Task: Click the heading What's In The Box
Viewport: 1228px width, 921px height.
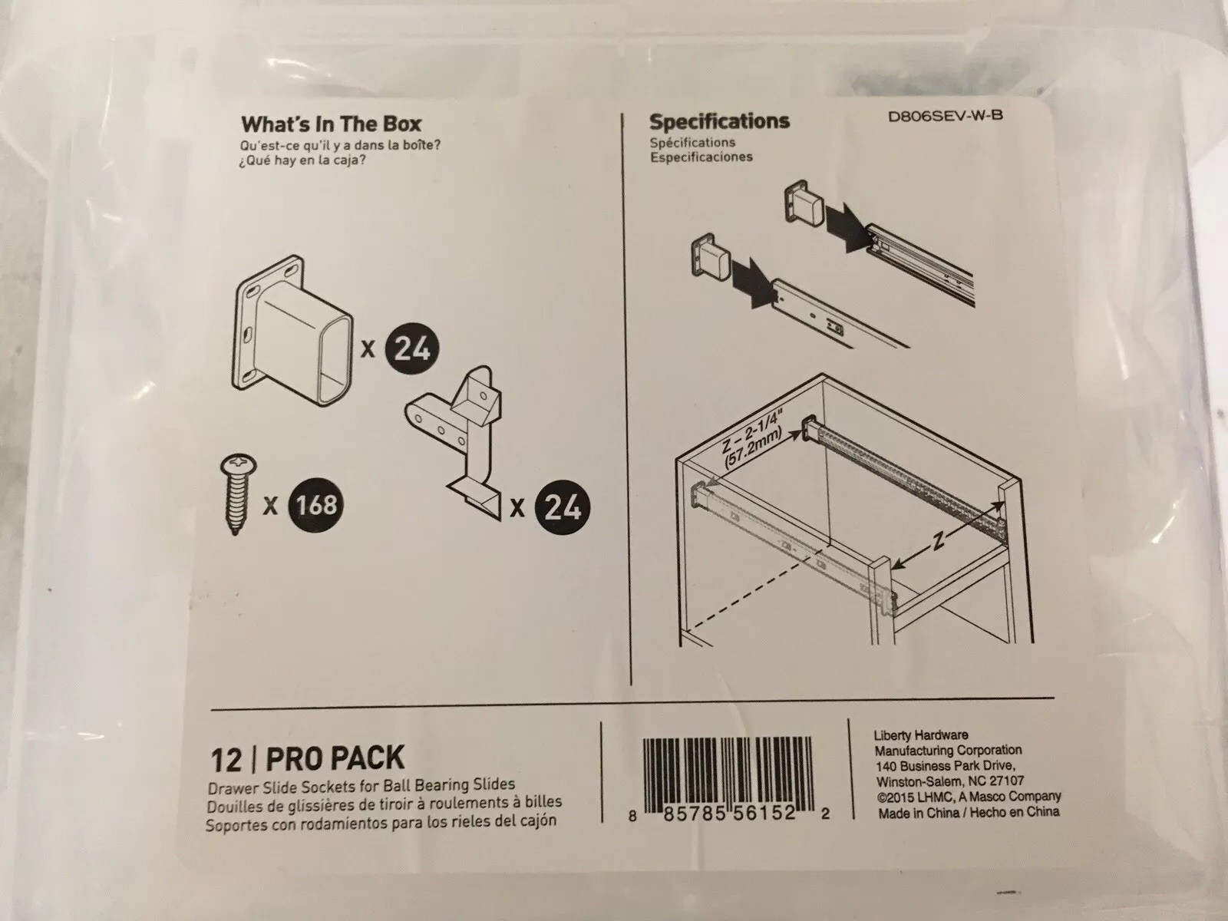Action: [331, 124]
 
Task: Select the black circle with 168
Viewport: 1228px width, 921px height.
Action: [315, 504]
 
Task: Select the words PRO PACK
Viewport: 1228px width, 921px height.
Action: [335, 758]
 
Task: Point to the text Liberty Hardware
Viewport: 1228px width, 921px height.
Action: [921, 734]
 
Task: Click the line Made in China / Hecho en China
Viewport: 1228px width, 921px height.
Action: [969, 811]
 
